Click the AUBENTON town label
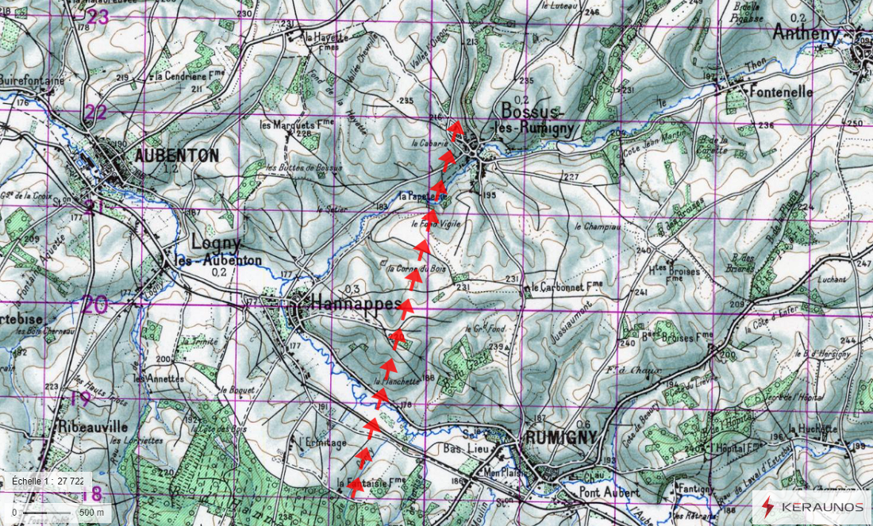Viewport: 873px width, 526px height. click(x=176, y=156)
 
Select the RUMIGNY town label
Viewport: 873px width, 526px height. click(x=560, y=438)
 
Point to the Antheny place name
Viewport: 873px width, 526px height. click(x=806, y=33)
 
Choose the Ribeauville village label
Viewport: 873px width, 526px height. click(x=89, y=425)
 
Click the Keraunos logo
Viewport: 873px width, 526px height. click(x=812, y=505)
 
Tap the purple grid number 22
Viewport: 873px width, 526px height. click(x=95, y=112)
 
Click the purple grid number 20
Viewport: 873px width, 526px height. click(x=94, y=304)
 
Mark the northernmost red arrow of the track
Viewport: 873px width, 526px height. click(x=456, y=129)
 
